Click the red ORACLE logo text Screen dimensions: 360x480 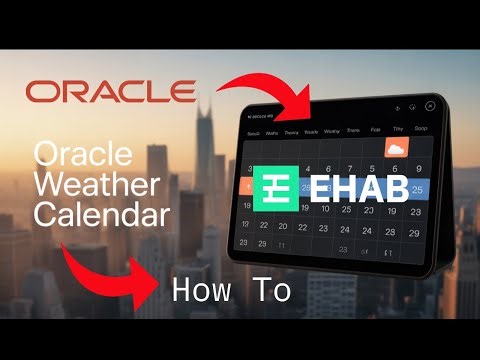coord(110,92)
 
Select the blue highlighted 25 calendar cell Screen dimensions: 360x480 coord(418,189)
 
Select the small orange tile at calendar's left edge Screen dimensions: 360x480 coord(243,187)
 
